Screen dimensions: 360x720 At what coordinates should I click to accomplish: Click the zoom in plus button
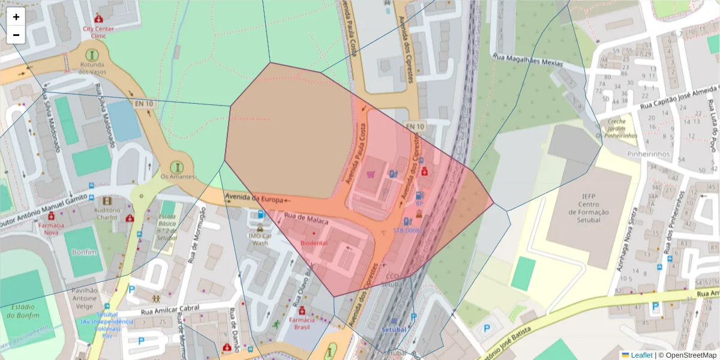coord(16,17)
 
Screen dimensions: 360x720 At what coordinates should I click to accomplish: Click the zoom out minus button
coord(16,35)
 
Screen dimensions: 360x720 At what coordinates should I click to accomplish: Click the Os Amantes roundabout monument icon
coord(176,166)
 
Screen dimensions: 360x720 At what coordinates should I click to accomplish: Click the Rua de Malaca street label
coord(306,221)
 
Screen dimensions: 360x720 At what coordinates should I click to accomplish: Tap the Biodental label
coord(314,244)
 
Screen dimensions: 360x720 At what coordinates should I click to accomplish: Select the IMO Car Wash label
coord(260,239)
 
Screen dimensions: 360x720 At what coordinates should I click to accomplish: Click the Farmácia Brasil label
coord(302,324)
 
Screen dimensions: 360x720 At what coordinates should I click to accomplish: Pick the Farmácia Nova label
coord(51,228)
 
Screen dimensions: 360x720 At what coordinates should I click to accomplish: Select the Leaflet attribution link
coord(641,355)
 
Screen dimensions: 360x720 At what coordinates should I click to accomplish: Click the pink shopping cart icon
coord(370,175)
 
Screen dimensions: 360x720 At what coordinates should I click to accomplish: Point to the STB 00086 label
coord(408,230)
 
